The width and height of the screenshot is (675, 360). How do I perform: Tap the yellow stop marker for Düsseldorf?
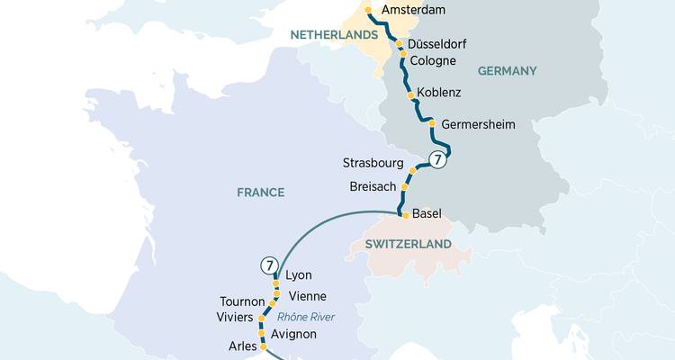click(399, 43)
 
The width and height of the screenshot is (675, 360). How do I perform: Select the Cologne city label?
click(432, 61)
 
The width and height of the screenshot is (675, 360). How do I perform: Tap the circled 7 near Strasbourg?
click(437, 160)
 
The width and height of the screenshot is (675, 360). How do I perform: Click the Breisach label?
click(373, 186)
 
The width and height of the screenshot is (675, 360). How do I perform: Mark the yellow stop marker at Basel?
click(405, 215)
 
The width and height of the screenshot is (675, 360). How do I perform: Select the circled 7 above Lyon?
click(269, 265)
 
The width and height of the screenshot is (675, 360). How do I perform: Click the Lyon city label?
click(298, 275)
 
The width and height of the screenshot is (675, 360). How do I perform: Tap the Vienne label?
click(308, 296)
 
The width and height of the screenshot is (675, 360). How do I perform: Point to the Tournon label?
click(242, 301)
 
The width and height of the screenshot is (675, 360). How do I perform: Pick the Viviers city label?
click(236, 318)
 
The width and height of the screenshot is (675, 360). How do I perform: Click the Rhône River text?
click(304, 317)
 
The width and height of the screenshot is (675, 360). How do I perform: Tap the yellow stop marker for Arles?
click(263, 345)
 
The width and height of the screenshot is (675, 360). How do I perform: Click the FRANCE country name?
click(260, 193)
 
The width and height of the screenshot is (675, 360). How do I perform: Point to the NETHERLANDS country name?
click(332, 34)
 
